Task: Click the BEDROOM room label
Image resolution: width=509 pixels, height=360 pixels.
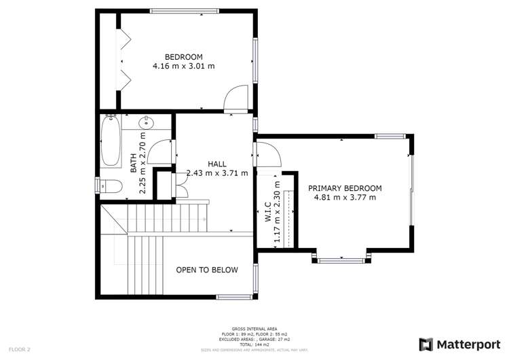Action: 184,56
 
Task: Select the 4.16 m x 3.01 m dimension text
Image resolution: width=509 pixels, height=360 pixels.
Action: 184,67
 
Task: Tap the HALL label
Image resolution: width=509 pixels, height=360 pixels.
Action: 217,164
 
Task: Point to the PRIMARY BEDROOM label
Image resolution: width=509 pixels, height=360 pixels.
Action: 345,188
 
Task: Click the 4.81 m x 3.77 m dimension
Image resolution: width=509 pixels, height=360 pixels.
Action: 345,198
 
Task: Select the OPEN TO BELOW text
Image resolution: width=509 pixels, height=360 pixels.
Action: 207,270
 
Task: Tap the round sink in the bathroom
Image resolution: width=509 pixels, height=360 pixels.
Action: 147,123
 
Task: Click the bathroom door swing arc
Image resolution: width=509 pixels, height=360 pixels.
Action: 159,150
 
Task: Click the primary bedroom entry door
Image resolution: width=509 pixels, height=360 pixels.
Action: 267,156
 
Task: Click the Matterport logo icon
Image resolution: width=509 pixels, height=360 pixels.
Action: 426,344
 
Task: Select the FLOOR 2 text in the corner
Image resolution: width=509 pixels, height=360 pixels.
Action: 20,349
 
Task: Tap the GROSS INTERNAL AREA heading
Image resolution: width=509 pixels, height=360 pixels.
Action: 254,328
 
